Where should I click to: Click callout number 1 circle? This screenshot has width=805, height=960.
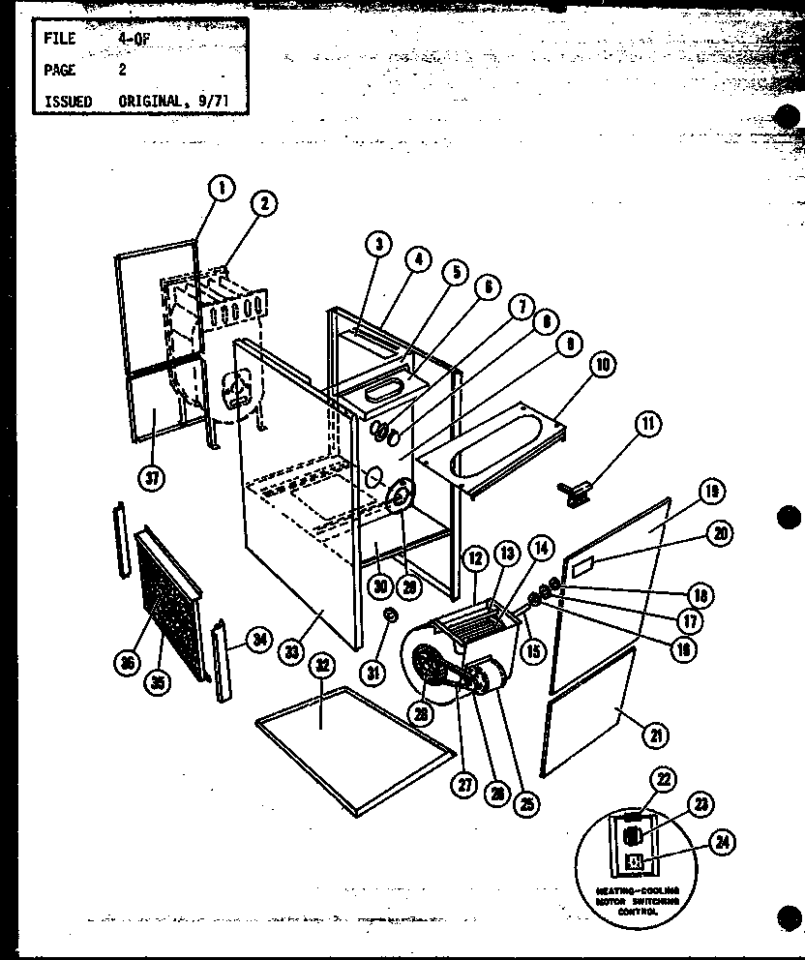pos(222,188)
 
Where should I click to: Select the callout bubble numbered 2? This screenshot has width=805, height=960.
pos(262,203)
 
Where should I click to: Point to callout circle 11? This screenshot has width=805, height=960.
pos(646,424)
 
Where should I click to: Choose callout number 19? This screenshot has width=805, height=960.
pos(712,493)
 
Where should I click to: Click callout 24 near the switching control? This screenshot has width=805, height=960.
pos(719,842)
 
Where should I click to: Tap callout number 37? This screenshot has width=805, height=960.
pos(153,476)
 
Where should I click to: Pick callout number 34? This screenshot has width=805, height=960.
pos(256,640)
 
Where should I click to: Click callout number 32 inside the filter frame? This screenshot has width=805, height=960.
pos(321,667)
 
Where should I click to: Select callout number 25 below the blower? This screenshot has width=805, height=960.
pos(527,802)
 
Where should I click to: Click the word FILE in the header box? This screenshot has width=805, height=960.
pos(60,40)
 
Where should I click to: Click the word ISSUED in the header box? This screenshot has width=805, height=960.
pos(68,101)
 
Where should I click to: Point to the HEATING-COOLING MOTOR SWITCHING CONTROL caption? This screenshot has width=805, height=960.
pos(639,901)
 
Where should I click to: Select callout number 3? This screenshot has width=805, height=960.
pos(378,245)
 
